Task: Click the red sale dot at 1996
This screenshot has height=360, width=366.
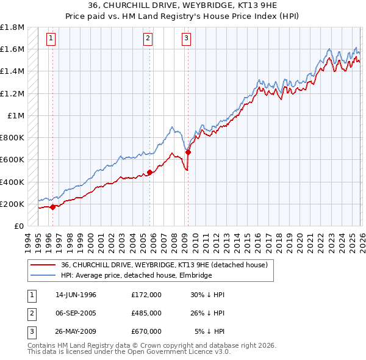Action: (53, 207)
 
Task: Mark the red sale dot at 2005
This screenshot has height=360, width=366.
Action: (149, 173)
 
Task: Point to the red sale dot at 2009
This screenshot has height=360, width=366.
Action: (188, 152)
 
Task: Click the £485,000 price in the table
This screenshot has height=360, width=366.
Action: (146, 313)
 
